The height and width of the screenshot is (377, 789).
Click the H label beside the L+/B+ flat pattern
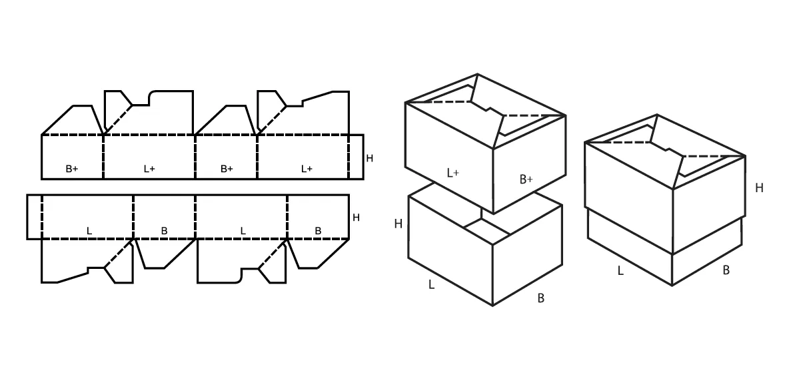(x=369, y=158)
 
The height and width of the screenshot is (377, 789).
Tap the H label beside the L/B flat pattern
(x=356, y=218)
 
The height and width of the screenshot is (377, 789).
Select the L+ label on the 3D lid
(x=453, y=173)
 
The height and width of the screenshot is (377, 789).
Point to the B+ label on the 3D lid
(x=526, y=179)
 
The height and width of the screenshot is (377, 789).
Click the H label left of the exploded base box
(x=398, y=224)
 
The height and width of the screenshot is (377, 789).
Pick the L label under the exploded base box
(x=431, y=285)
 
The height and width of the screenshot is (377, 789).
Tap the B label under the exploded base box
(x=541, y=298)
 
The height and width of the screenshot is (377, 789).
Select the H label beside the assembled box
(x=759, y=188)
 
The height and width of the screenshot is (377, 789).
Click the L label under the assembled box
(x=620, y=271)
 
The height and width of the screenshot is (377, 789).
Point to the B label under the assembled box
(x=726, y=270)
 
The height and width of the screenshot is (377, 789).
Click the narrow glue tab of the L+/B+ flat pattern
(x=356, y=157)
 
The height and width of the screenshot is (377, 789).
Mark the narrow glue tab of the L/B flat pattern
(x=34, y=217)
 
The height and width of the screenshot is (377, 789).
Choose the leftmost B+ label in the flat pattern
(x=72, y=169)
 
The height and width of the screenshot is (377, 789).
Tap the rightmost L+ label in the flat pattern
(x=307, y=169)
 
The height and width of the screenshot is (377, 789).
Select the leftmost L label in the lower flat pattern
(x=89, y=232)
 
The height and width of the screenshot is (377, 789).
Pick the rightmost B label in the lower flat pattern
(x=318, y=231)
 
